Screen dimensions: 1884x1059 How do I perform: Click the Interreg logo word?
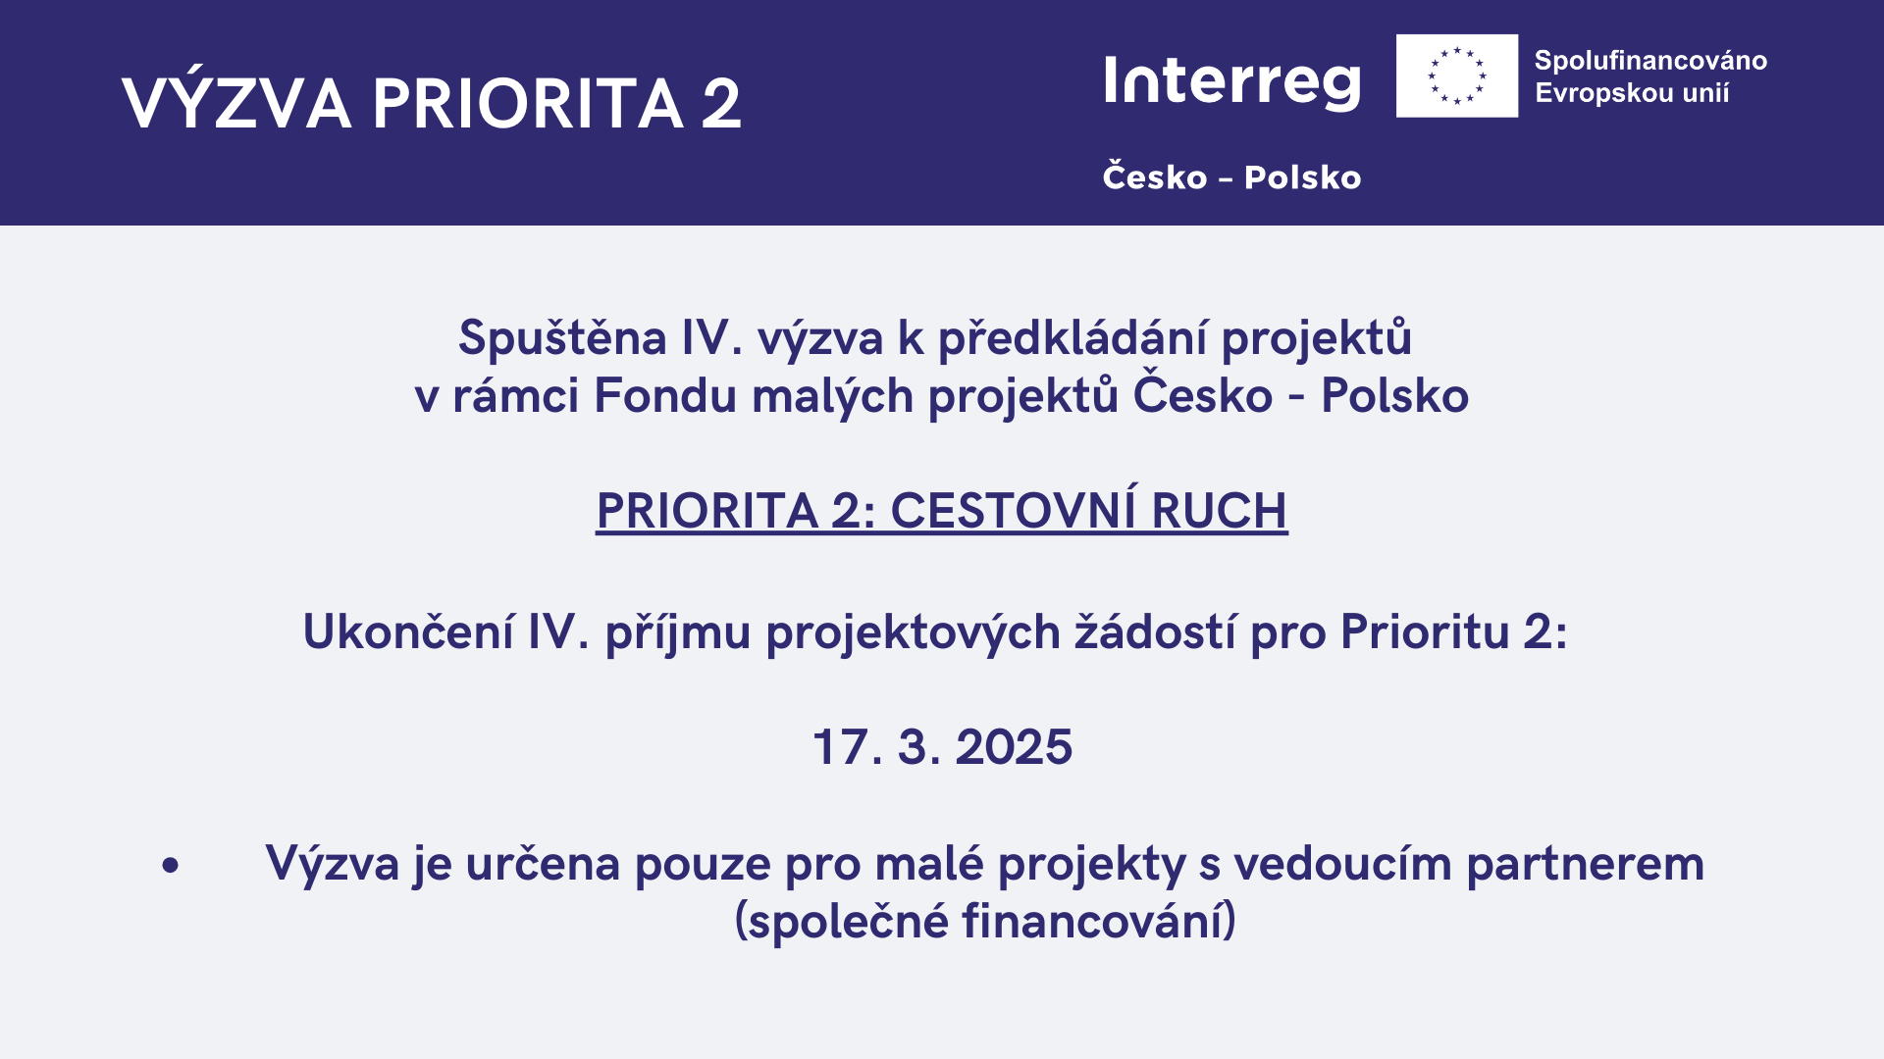point(1232,81)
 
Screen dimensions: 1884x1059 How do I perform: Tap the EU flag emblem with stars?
point(1457,76)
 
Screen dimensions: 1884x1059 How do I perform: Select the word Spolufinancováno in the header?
point(1650,61)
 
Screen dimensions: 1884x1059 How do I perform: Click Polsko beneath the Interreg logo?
point(1302,177)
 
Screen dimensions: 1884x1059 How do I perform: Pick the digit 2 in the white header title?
point(721,103)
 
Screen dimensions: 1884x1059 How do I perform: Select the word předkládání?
point(1073,338)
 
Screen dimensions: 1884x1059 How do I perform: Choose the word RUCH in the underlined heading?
point(1219,511)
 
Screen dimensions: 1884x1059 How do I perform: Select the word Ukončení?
point(408,631)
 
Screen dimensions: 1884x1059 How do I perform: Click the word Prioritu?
point(1425,631)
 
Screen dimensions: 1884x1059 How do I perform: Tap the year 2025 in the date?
point(1014,747)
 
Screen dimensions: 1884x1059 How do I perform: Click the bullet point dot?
point(171,865)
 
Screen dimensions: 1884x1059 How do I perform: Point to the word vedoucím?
point(1342,864)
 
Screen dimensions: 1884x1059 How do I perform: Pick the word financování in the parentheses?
point(1093,921)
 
